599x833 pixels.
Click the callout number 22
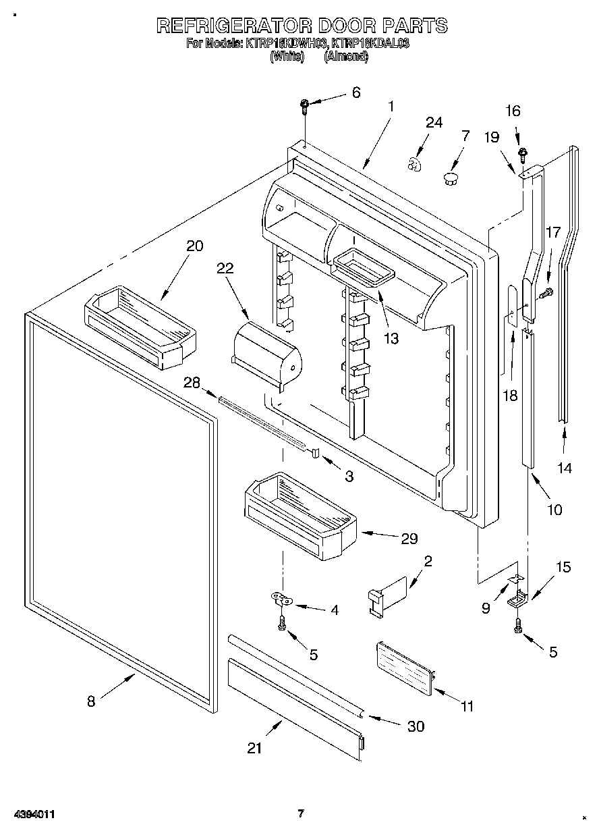tap(225, 268)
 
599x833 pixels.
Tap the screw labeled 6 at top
tap(305, 104)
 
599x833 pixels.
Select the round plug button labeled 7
tap(450, 178)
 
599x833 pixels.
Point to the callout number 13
tap(392, 338)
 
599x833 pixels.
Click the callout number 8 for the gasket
tap(91, 701)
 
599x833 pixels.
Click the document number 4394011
tap(29, 815)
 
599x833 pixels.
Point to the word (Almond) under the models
tap(346, 57)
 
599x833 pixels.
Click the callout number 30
tap(416, 726)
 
